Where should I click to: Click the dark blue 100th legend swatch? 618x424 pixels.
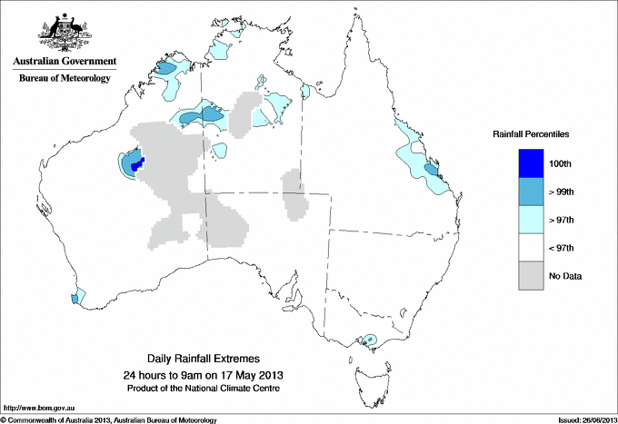click(531, 163)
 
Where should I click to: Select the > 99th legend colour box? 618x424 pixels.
click(531, 192)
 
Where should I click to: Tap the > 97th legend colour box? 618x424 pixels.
click(531, 220)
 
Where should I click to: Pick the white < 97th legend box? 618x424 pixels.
click(531, 248)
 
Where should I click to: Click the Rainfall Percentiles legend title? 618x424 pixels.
click(531, 134)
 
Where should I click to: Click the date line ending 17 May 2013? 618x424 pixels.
click(210, 374)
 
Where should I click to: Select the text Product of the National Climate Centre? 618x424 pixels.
click(210, 388)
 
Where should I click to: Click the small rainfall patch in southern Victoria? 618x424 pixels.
click(369, 341)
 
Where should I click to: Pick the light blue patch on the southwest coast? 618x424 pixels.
click(78, 296)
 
